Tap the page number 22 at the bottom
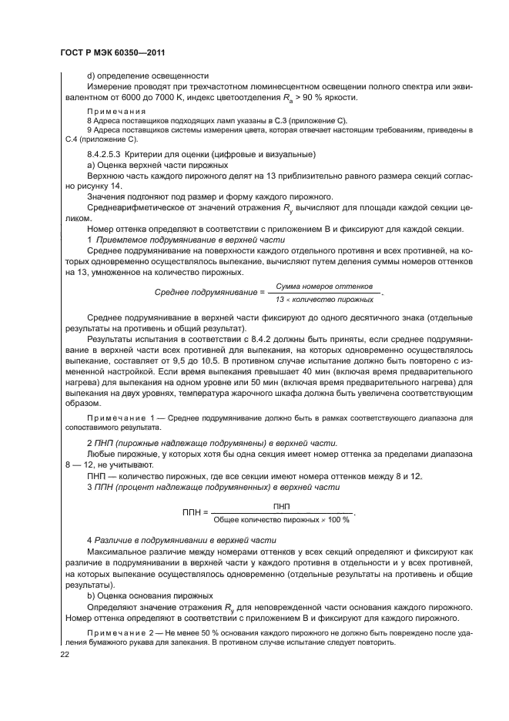[65, 655]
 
